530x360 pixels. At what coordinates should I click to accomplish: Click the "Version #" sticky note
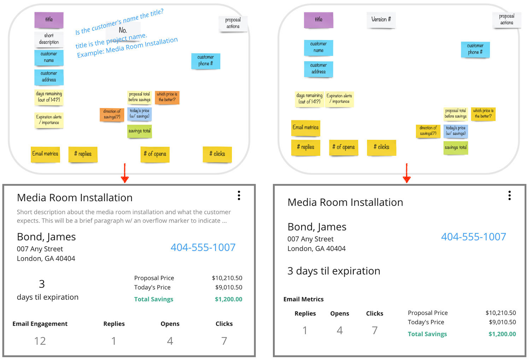(381, 20)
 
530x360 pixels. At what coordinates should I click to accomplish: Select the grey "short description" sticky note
(49, 39)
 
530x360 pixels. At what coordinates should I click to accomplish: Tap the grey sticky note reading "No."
(123, 30)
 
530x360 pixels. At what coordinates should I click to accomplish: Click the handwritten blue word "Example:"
(90, 53)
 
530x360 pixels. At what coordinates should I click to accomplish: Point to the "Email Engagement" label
(40, 324)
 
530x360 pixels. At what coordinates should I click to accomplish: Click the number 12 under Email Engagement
(40, 341)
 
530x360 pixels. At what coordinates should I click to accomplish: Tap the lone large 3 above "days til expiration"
(42, 284)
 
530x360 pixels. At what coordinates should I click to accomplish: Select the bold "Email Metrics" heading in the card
(303, 299)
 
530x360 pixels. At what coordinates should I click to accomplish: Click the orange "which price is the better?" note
(167, 97)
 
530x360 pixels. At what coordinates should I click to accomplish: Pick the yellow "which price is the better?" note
(483, 114)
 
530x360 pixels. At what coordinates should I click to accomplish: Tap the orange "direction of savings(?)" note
(112, 114)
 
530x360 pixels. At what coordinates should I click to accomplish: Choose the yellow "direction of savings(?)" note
(428, 131)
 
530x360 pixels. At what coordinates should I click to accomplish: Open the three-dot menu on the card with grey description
(239, 196)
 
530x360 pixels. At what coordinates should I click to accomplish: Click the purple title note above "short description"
(49, 20)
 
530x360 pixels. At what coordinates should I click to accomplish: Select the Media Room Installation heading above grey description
(75, 198)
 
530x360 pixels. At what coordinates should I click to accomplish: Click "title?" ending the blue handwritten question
(156, 13)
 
